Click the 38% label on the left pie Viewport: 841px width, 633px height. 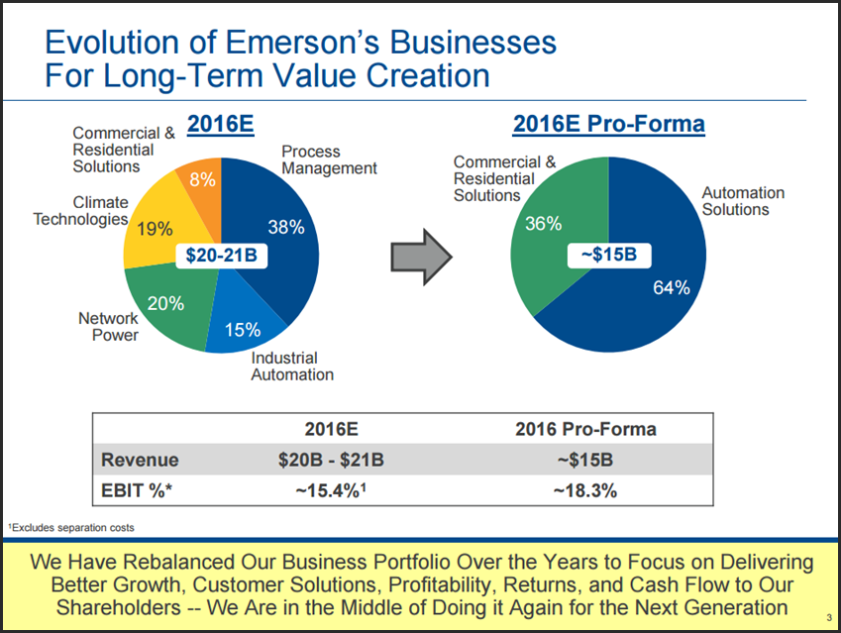(x=285, y=227)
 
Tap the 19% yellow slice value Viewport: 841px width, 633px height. (x=155, y=229)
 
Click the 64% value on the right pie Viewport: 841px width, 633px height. (x=672, y=287)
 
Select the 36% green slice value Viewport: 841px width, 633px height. (x=543, y=224)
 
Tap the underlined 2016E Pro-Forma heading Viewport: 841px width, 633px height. (x=608, y=124)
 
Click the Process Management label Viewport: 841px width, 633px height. (x=329, y=159)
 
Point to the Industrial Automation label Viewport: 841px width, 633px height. (x=292, y=366)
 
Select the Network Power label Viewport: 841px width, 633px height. (x=109, y=326)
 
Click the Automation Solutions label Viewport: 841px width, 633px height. (x=743, y=201)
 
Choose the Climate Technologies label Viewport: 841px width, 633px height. (x=80, y=210)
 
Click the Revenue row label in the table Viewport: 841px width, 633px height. (x=141, y=460)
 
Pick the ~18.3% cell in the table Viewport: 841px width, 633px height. (x=585, y=490)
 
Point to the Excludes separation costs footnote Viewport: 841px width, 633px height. (x=70, y=527)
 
